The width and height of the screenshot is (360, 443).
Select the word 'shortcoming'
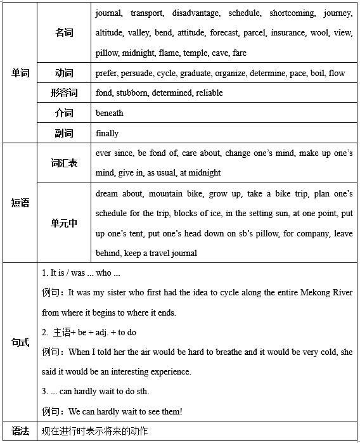pos(291,13)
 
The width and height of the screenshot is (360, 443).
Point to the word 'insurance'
pos(286,33)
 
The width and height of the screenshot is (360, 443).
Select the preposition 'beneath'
pos(109,113)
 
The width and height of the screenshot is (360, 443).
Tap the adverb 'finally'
pos(106,133)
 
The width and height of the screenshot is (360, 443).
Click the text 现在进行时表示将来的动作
pos(94,432)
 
